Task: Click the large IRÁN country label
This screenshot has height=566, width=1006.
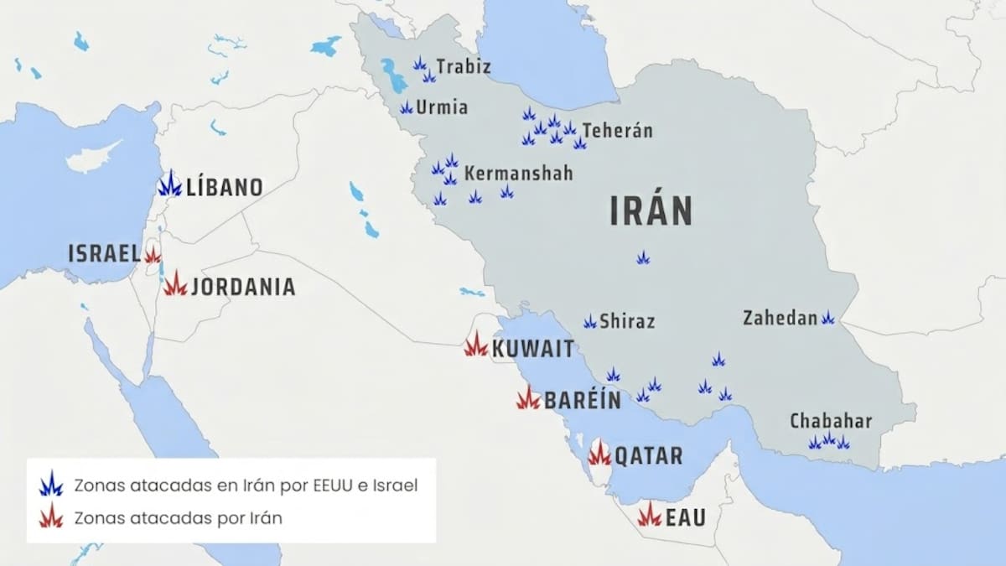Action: [x=651, y=211]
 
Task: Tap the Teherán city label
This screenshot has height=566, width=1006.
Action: [x=617, y=131]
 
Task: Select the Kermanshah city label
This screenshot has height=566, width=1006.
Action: [x=518, y=174]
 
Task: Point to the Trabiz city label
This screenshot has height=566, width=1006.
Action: [x=463, y=66]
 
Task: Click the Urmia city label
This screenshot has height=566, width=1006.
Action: [x=443, y=107]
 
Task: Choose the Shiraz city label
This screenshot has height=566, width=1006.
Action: [x=627, y=321]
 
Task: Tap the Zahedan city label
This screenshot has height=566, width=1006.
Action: [x=780, y=318]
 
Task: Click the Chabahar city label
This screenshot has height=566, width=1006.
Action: [x=831, y=421]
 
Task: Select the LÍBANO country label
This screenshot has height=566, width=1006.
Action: [x=224, y=187]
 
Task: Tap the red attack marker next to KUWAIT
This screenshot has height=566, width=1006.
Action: [x=476, y=345]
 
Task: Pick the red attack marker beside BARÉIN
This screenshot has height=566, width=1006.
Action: [x=528, y=398]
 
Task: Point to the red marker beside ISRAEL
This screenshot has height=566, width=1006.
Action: [x=153, y=255]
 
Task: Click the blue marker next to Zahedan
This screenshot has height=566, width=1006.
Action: [x=827, y=318]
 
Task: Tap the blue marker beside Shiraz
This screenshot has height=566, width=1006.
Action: [x=590, y=321]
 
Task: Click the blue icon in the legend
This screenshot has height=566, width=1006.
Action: [x=51, y=484]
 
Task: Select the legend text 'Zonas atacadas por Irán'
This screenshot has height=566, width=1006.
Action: [x=178, y=517]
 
